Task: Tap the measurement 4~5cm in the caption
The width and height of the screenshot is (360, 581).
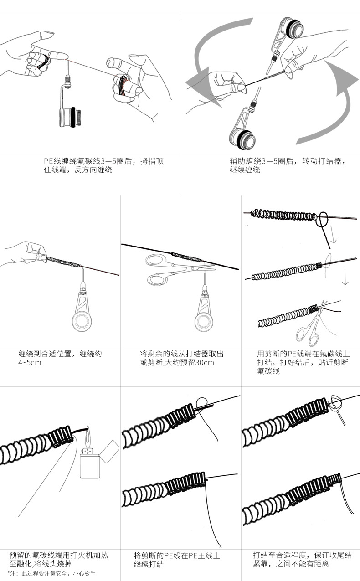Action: click(30, 363)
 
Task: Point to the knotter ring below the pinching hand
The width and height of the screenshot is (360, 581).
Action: click(85, 320)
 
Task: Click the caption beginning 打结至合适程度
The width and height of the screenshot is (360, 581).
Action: click(303, 560)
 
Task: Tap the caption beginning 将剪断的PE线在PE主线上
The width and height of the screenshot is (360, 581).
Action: click(177, 560)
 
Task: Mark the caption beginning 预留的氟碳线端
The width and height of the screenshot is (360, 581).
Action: click(59, 560)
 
